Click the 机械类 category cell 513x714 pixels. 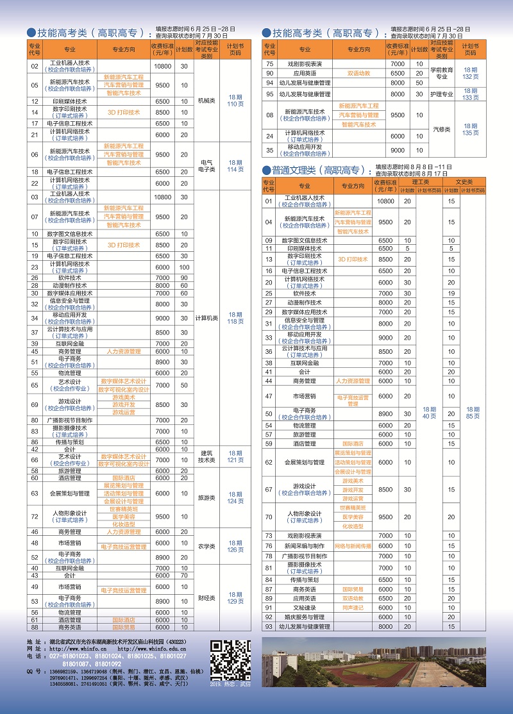pyautogui.click(x=206, y=101)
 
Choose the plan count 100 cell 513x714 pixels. pyautogui.click(x=184, y=267)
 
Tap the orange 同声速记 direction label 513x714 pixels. pyautogui.click(x=353, y=607)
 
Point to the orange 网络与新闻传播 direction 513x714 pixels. pyautogui.click(x=353, y=545)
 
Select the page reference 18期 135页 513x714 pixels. pyautogui.click(x=471, y=129)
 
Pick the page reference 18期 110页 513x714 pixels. pyautogui.click(x=235, y=101)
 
